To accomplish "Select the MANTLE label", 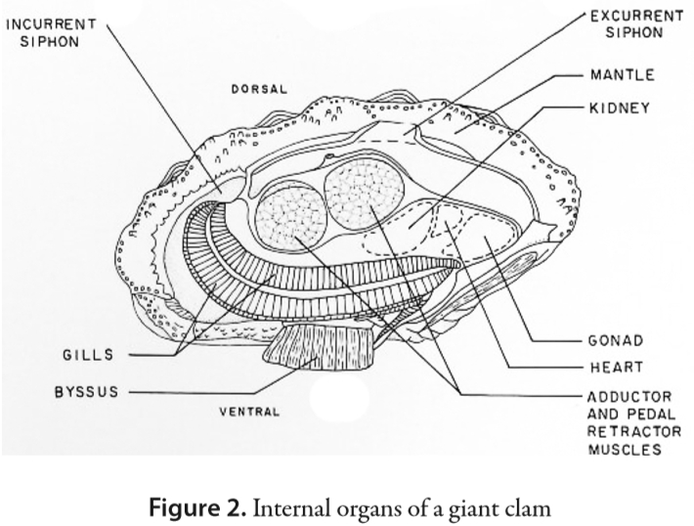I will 622,75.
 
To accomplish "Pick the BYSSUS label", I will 86,392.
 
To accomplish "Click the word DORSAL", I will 260,89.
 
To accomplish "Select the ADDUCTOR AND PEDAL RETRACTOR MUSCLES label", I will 629,423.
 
